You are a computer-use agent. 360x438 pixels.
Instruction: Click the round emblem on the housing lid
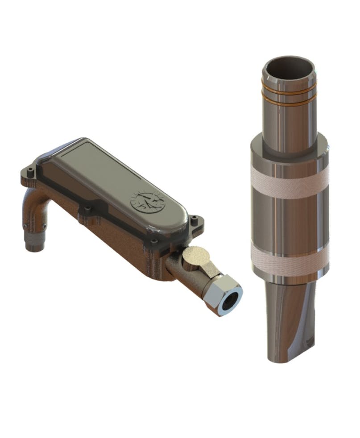(146, 204)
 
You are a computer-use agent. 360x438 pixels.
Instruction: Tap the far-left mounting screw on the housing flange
(29, 171)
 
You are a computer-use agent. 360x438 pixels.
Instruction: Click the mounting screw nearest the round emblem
(194, 219)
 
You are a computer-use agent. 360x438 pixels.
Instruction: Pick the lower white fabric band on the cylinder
(289, 255)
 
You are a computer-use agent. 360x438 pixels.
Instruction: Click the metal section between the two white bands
(289, 219)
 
